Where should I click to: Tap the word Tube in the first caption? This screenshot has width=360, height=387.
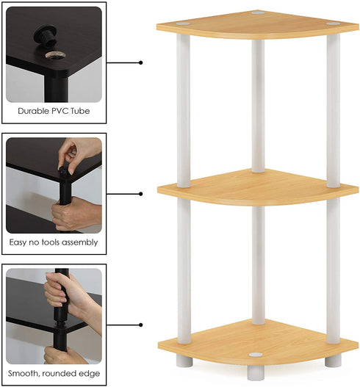coord(80,111)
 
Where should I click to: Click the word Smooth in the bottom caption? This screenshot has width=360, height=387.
coord(24,374)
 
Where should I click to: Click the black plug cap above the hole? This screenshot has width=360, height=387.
coord(46,35)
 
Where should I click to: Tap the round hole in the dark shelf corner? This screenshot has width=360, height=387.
coord(56,55)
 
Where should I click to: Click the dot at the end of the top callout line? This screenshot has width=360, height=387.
coord(140,62)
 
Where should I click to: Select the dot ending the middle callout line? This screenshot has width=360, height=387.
coord(140,194)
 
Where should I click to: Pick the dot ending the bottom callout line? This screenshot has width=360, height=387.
coord(140,325)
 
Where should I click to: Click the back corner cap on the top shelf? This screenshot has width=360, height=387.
coord(258,12)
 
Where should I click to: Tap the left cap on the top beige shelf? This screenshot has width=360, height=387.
coord(183,23)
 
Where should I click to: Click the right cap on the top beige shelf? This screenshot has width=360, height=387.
coord(334,23)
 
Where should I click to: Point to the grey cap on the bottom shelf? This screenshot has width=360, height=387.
coord(256,355)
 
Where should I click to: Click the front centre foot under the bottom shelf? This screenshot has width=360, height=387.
coord(256,373)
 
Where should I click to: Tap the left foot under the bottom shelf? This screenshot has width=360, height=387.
coord(184,361)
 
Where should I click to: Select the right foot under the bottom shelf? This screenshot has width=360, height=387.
coord(333,361)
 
